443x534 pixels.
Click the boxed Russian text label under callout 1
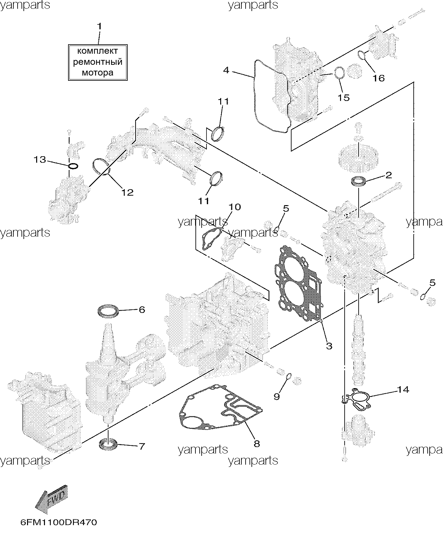click(97, 62)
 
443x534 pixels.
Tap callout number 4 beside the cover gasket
click(227, 70)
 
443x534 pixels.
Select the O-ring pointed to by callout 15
click(339, 73)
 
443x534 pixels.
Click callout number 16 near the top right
click(379, 78)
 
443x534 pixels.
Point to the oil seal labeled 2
click(358, 181)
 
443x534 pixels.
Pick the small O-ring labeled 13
click(73, 166)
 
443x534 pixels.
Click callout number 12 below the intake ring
click(128, 192)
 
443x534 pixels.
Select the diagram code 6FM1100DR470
click(59, 523)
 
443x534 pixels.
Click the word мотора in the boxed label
click(97, 73)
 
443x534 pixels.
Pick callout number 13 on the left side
click(40, 160)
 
